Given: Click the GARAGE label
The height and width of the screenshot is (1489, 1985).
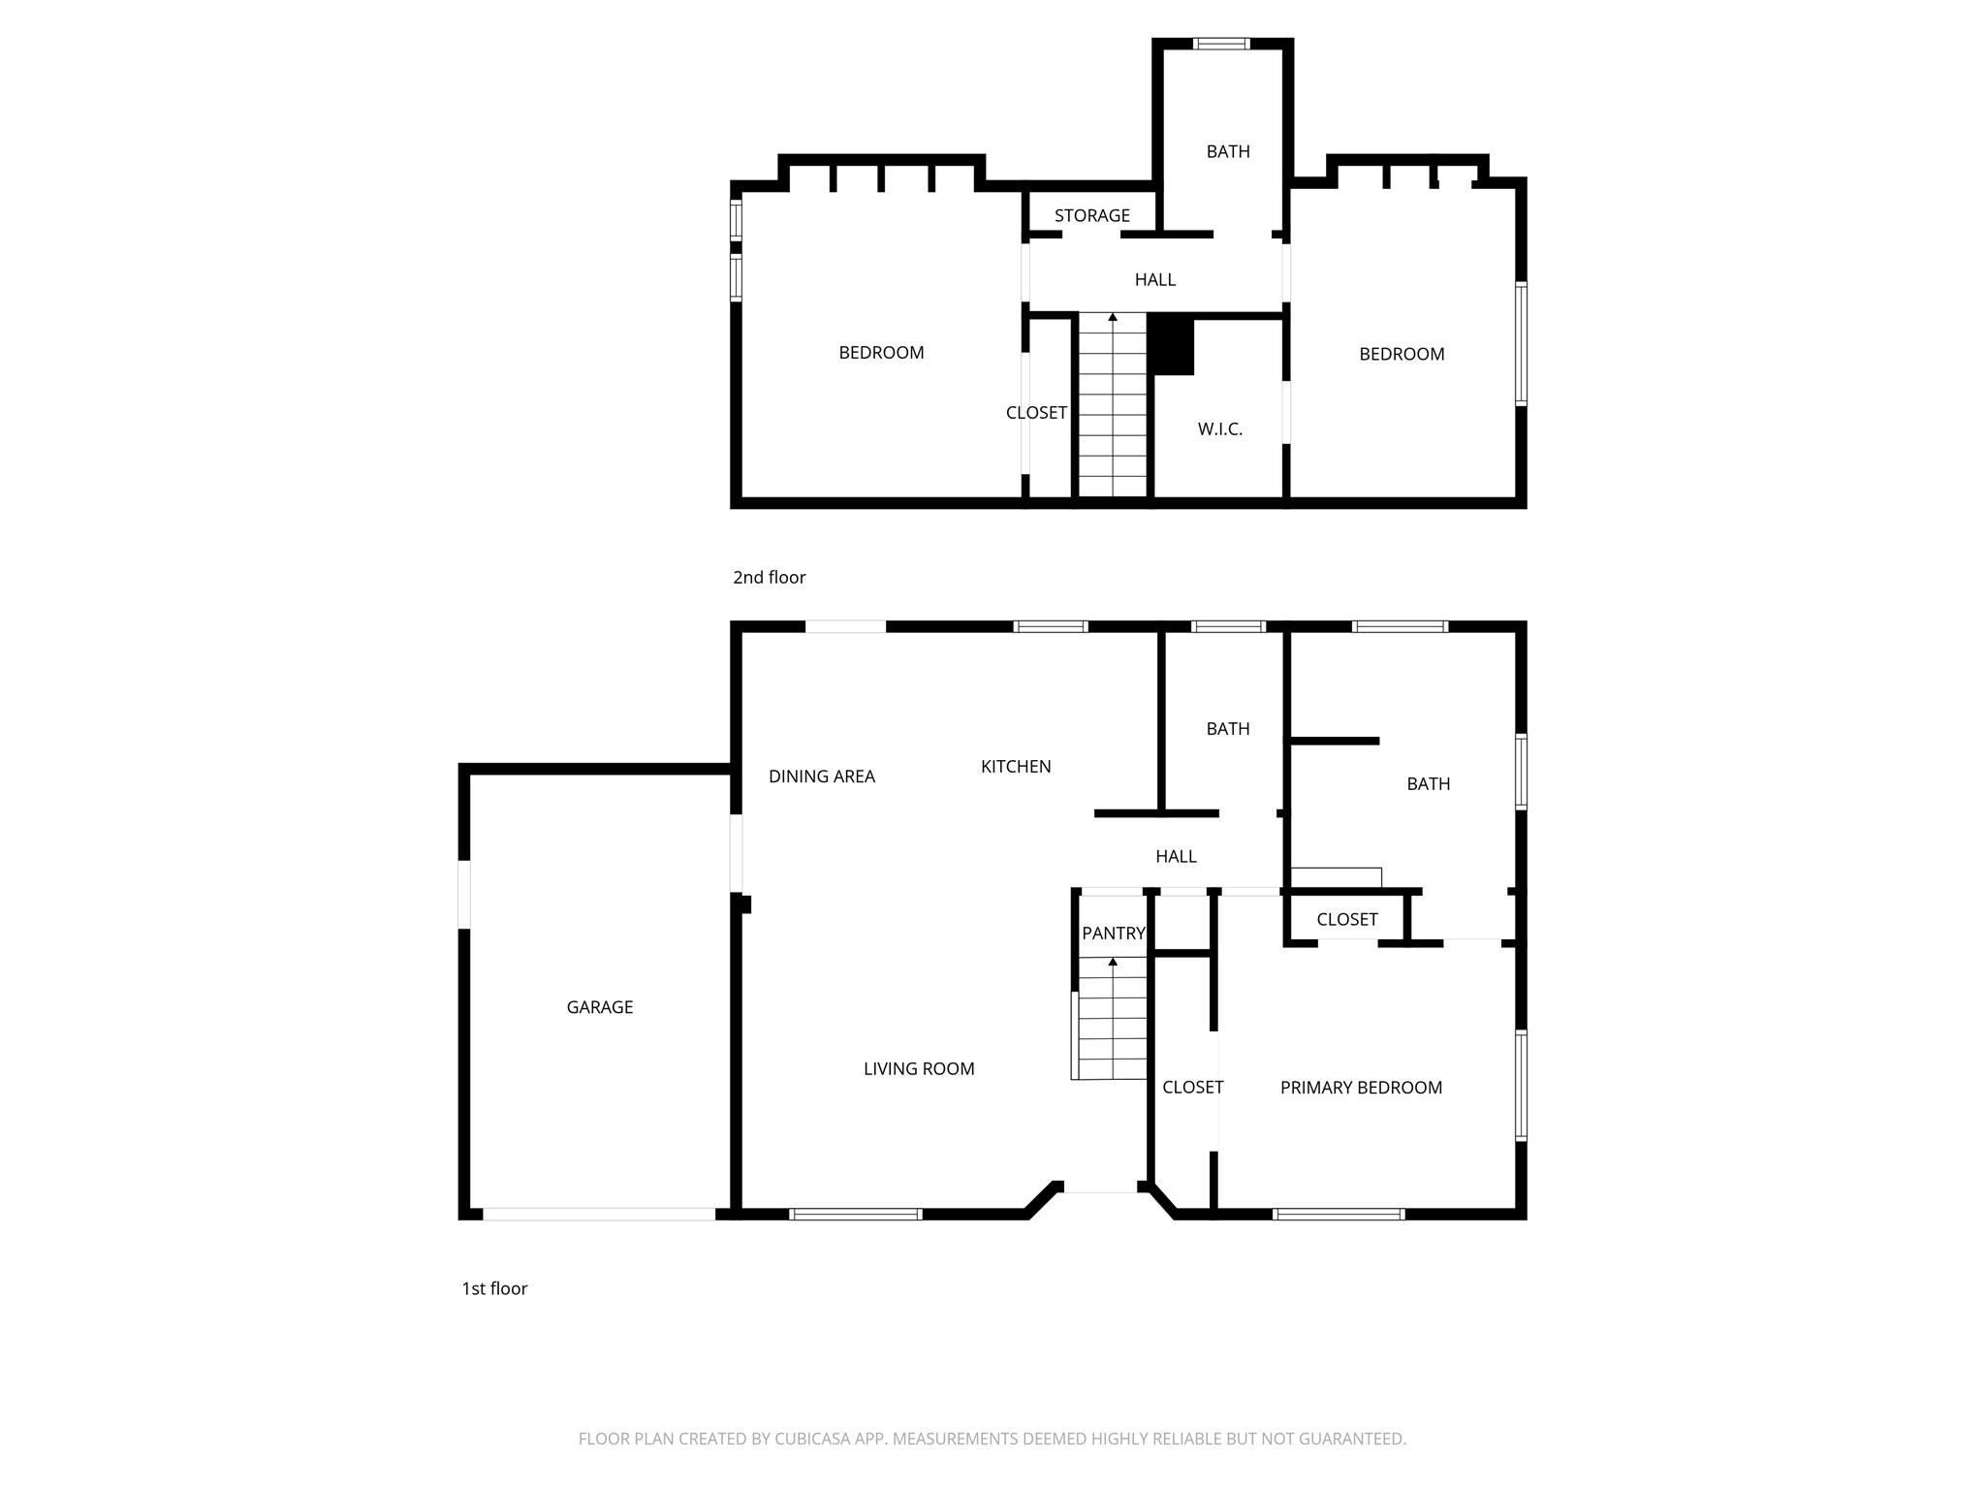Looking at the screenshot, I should click(599, 1007).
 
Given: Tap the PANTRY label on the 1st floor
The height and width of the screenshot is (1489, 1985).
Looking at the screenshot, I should click(1113, 934).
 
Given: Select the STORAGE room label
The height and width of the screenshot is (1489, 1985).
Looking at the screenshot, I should click(1091, 215).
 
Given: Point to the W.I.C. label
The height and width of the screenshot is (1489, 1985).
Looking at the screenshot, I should click(1219, 428).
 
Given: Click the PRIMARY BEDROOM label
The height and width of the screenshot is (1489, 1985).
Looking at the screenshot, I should click(1361, 1088).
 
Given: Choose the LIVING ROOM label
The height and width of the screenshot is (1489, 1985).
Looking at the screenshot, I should click(919, 1068).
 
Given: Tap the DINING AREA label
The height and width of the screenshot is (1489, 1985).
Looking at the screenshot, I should click(821, 776).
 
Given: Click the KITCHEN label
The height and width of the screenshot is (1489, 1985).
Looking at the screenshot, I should click(1015, 767).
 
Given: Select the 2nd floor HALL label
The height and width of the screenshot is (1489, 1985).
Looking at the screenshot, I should click(1154, 280).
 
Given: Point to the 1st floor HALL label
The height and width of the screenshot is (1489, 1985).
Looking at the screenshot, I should click(1176, 856).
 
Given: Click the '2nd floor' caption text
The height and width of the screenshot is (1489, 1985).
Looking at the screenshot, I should click(769, 578).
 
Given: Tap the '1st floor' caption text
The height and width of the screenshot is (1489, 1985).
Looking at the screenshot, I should click(494, 1288).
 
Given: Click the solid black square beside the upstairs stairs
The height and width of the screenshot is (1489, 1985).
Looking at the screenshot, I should click(1172, 345).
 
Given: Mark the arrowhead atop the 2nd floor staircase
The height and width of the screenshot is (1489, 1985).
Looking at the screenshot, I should click(1113, 317).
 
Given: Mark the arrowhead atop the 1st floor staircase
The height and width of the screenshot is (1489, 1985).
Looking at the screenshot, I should click(1113, 962).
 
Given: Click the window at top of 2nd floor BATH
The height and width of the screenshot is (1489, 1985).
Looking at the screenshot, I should click(1221, 44).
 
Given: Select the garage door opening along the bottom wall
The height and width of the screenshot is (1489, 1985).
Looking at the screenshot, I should click(599, 1214).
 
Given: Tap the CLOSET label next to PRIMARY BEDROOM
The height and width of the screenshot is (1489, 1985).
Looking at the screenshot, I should click(1192, 1088).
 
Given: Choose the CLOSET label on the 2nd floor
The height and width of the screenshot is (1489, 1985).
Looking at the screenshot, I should click(1036, 413).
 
